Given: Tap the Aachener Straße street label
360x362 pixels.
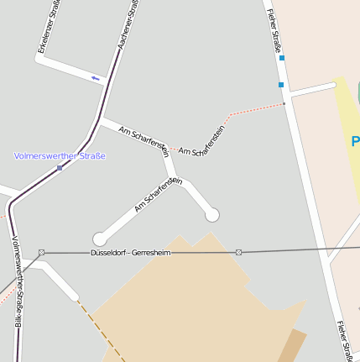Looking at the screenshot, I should point(128,26).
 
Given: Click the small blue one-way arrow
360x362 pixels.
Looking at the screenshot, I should point(95,78).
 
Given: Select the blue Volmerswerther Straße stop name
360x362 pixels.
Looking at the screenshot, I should point(60,155).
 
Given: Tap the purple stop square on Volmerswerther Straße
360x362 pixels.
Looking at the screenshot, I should point(60,168).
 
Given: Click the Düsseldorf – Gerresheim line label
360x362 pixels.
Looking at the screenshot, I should point(130,252).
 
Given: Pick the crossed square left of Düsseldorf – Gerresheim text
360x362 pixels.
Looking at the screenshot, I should point(41,252).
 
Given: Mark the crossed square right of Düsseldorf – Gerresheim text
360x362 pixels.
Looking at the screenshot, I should point(239,252).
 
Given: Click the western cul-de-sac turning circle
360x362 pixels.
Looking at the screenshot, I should point(100,239).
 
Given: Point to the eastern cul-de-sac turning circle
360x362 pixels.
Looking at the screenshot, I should point(212,215).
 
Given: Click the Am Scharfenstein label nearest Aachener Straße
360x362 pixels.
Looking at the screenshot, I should point(144,141).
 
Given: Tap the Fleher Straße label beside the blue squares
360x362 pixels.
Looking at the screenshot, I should point(274,31).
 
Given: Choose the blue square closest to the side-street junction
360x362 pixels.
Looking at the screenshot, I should point(281,85).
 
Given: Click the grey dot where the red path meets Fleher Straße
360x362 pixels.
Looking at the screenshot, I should point(284,104).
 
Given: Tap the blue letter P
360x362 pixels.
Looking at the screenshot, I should point(356,141).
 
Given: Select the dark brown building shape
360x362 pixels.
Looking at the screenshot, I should point(293,347).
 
